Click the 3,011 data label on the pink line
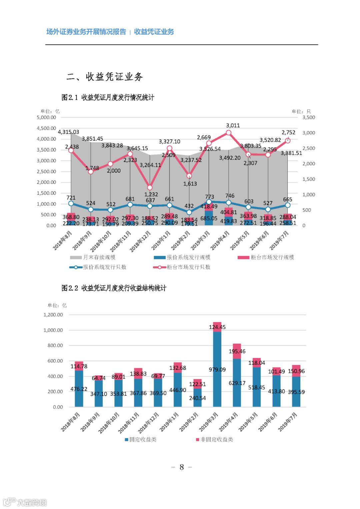(233, 125)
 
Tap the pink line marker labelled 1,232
(150, 188)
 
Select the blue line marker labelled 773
(209, 202)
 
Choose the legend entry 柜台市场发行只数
(188, 267)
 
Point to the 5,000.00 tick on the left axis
(46, 117)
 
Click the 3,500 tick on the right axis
(308, 117)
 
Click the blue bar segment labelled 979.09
(217, 369)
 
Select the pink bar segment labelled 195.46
(237, 351)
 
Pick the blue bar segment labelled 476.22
(79, 389)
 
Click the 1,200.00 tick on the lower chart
(53, 315)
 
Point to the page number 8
(181, 467)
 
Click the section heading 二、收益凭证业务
(105, 77)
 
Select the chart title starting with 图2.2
(114, 288)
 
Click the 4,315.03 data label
(68, 132)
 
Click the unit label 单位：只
(301, 111)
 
